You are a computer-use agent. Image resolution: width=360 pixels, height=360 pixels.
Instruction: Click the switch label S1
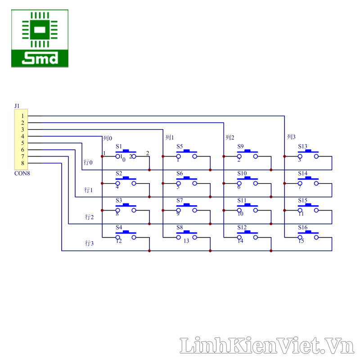click(119, 146)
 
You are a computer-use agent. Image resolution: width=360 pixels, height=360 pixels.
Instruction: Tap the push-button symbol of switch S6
click(186, 180)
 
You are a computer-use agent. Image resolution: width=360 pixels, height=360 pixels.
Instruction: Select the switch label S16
click(303, 227)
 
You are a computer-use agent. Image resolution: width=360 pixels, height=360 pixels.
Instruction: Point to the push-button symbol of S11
click(247, 207)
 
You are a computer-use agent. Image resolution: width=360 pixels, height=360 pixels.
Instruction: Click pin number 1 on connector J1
click(22, 116)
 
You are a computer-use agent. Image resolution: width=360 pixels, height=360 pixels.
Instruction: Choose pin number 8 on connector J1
click(22, 163)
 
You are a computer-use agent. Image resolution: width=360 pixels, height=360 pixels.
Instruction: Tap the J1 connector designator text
click(17, 106)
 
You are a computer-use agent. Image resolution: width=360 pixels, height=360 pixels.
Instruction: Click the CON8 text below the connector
click(22, 172)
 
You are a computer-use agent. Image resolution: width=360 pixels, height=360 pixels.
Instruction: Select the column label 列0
click(108, 138)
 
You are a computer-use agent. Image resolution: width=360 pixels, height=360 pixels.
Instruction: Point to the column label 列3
click(291, 137)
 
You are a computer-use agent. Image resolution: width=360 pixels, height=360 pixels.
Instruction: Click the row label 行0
click(88, 162)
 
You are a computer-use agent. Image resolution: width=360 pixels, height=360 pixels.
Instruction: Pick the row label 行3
click(89, 243)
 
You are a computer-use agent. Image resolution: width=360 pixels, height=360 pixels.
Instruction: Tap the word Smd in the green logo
click(40, 58)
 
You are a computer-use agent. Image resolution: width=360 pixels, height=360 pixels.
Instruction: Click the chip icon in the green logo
click(40, 30)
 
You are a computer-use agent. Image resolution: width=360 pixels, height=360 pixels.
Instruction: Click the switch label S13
click(303, 146)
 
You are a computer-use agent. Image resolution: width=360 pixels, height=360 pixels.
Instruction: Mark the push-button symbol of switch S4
click(126, 234)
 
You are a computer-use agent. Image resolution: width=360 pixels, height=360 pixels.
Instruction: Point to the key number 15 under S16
click(301, 241)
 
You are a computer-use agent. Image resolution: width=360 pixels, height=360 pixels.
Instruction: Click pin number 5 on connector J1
click(22, 143)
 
